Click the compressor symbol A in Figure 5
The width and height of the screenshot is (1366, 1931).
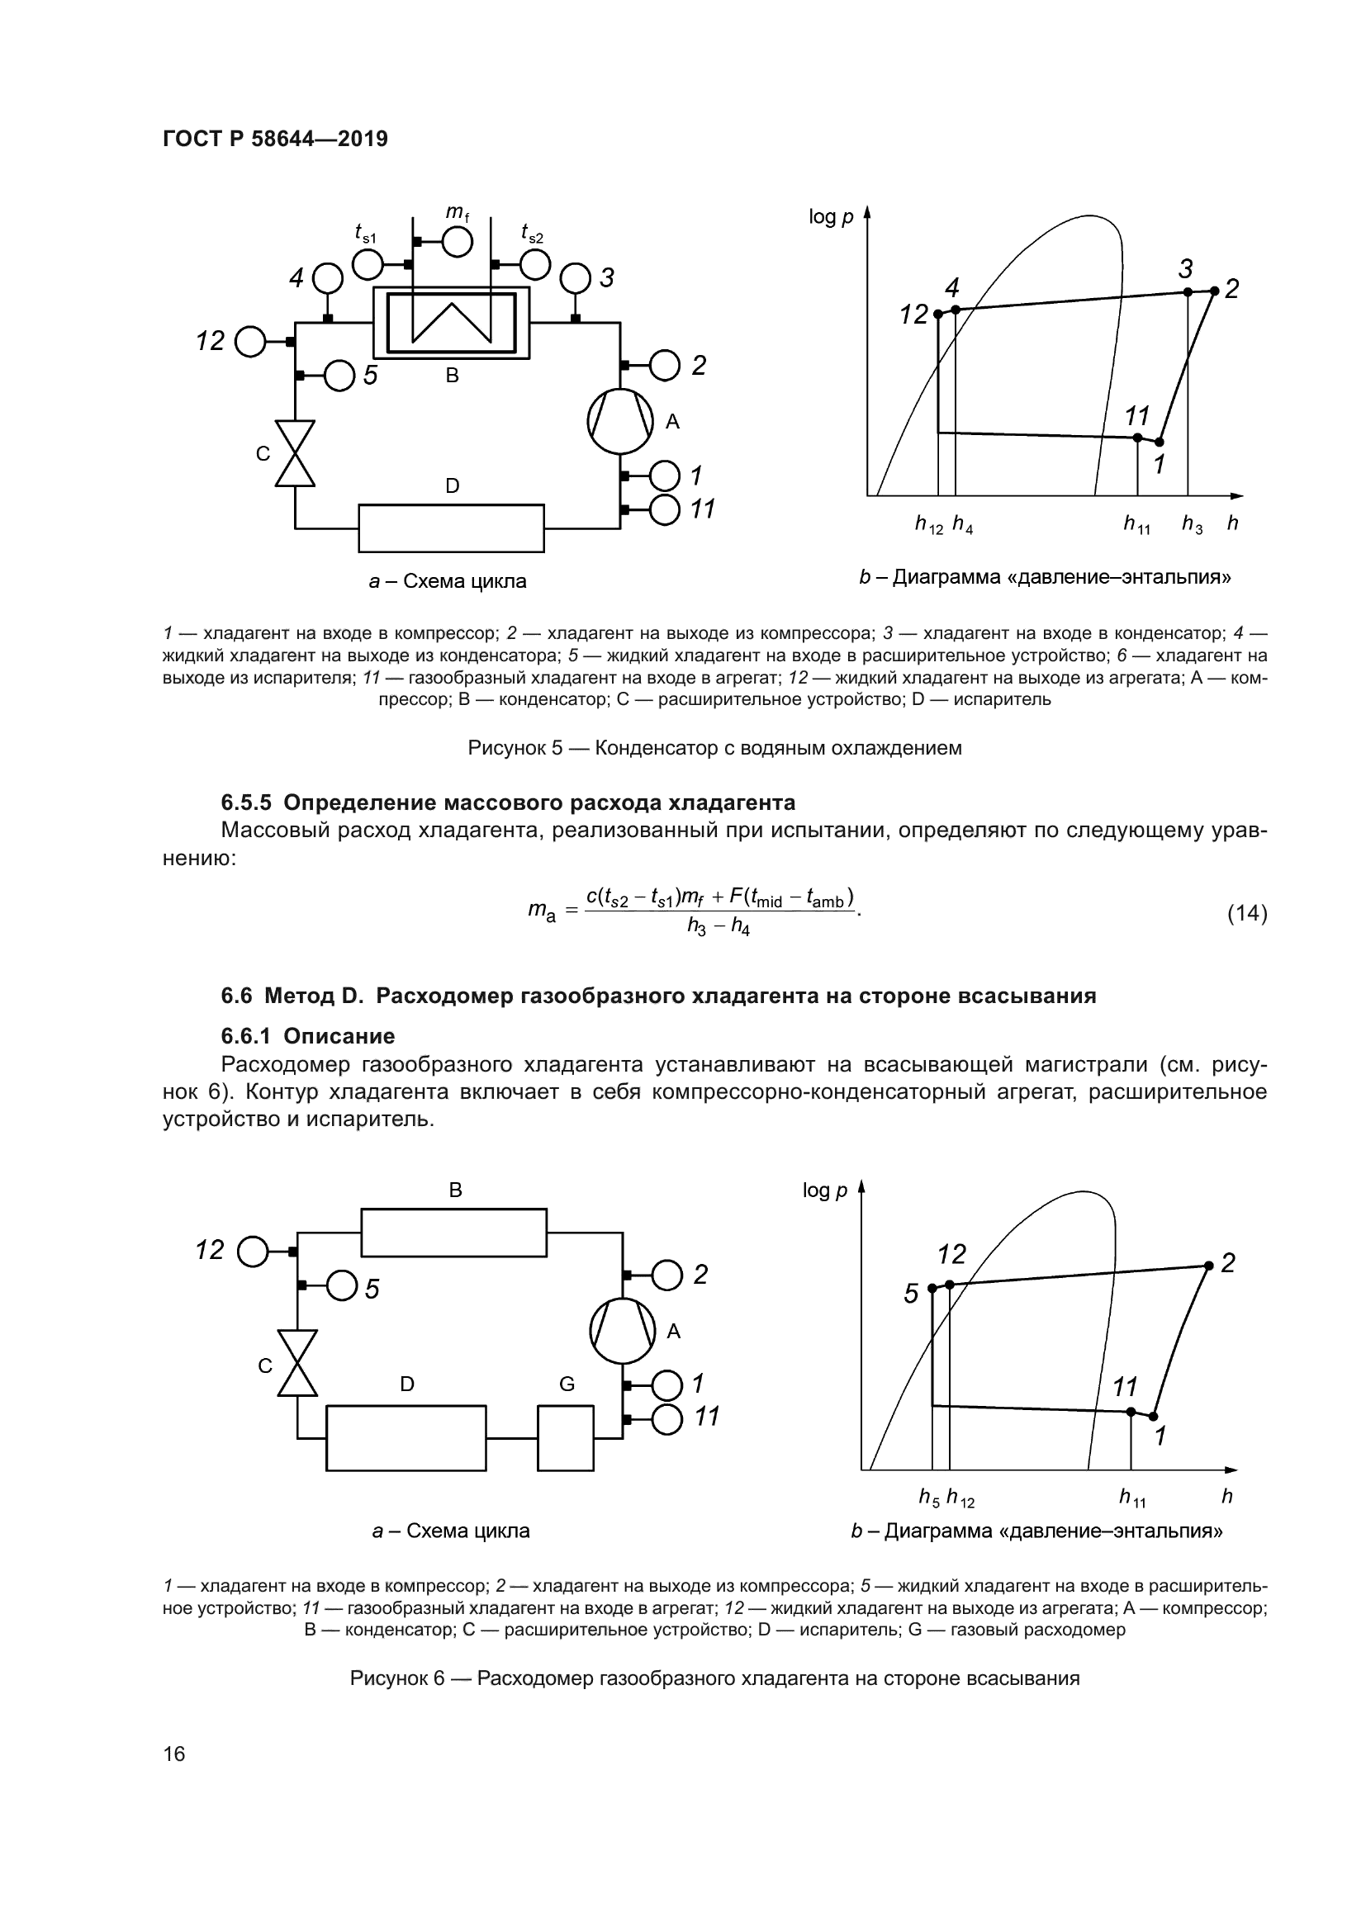coord(621,421)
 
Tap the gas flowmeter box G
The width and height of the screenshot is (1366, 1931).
coord(565,1438)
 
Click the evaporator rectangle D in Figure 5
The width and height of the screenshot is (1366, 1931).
coord(451,528)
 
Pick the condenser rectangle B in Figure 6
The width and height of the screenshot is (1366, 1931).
coord(453,1232)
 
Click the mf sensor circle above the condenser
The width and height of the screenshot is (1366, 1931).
coord(457,242)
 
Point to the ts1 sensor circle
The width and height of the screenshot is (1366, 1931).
coord(368,265)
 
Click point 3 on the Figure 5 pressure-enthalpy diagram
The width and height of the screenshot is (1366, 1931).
coord(1188,291)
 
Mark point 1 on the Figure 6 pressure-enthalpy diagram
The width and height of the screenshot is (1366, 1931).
coord(1153,1416)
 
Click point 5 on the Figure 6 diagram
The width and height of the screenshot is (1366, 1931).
coord(932,1288)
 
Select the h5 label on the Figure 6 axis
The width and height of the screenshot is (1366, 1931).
coord(928,1497)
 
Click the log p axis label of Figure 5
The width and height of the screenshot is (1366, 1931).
coord(831,217)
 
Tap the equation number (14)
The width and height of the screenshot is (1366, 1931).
coord(1246,912)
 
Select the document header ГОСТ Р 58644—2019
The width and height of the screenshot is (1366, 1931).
coord(275,139)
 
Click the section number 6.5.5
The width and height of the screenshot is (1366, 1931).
coord(246,802)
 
